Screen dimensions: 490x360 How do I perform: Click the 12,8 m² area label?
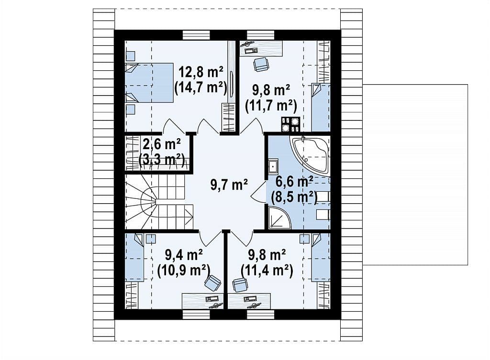click(x=200, y=72)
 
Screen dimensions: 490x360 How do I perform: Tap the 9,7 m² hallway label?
click(x=229, y=185)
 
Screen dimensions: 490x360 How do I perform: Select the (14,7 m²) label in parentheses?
click(x=200, y=87)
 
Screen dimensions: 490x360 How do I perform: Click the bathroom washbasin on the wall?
click(x=273, y=166)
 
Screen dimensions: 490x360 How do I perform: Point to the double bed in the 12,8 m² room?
click(x=149, y=83)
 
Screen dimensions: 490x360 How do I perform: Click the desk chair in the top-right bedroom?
click(x=261, y=65)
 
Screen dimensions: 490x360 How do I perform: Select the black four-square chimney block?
click(x=290, y=124)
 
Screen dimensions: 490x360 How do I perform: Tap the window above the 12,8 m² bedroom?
click(x=196, y=35)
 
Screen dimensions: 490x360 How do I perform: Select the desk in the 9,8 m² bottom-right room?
click(x=249, y=301)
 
